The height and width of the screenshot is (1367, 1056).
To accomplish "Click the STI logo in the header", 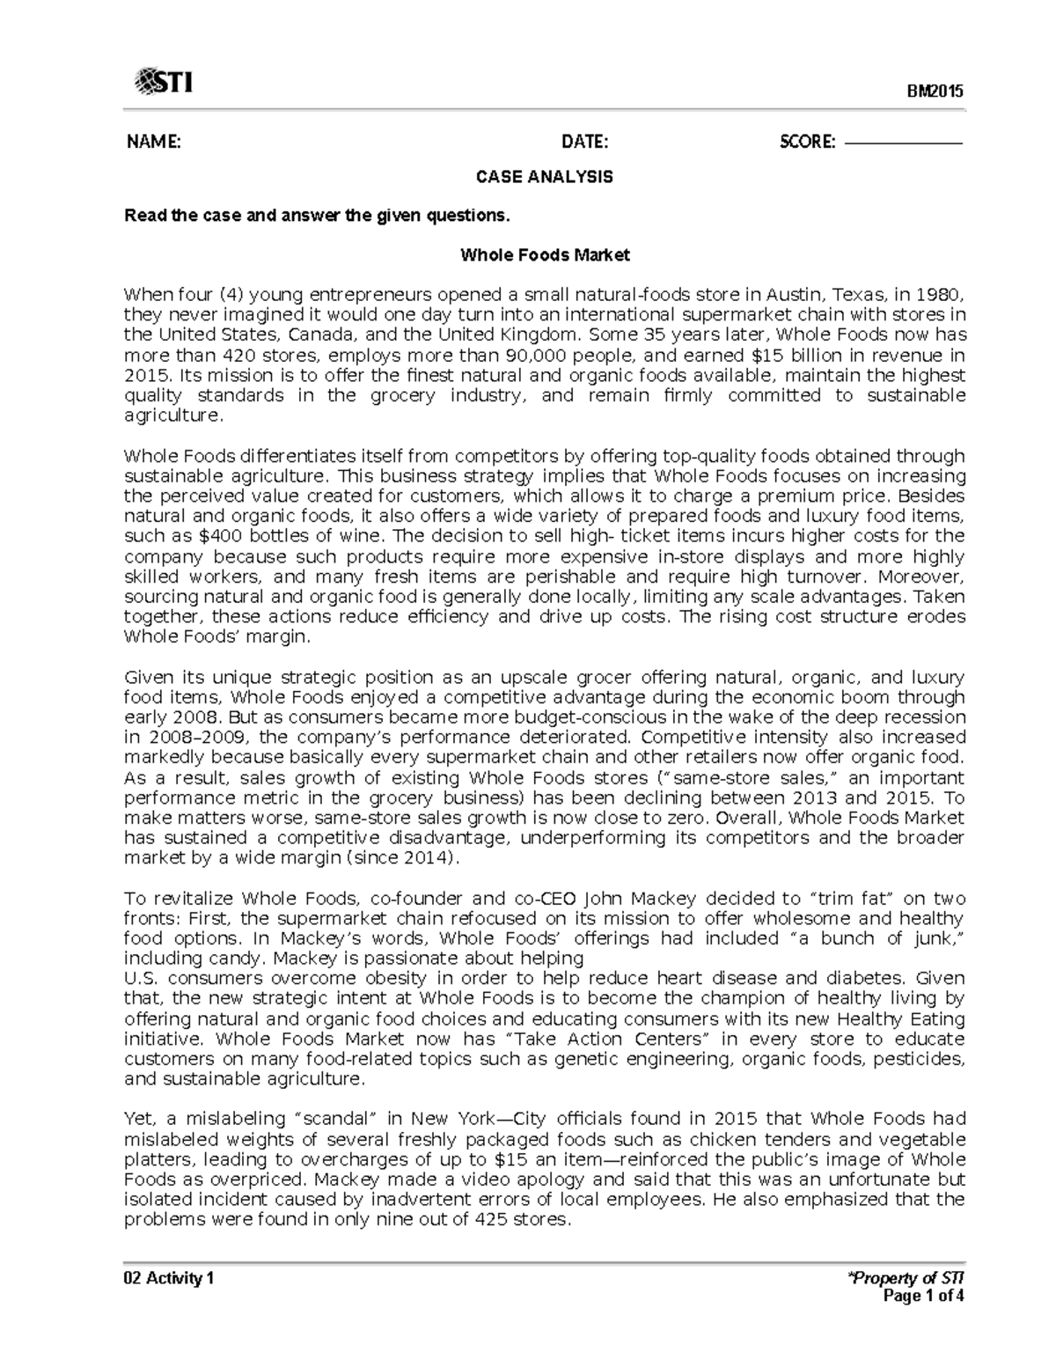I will point(163,83).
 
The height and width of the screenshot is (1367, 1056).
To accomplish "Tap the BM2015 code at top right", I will point(936,92).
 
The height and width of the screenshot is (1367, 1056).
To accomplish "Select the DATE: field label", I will point(585,142).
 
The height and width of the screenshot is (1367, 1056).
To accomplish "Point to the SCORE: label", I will point(807,142).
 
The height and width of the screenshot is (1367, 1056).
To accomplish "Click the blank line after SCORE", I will point(903,142).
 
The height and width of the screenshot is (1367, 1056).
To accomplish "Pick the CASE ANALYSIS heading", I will point(544,177).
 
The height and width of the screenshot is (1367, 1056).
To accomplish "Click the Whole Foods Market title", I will point(545,256).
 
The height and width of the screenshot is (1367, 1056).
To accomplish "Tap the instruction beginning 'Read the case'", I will point(316,216).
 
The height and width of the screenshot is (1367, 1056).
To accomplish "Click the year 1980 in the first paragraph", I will point(942,295).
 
